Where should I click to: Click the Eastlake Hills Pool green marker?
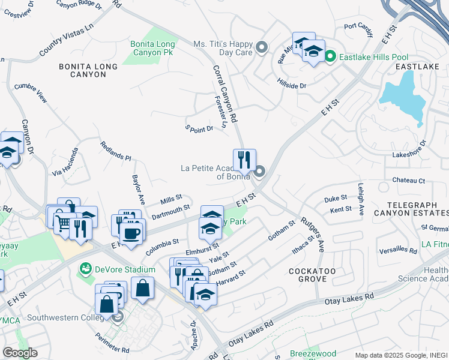330,57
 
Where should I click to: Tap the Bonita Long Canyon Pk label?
153,49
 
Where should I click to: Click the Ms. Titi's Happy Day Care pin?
261,47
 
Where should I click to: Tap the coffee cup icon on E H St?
131,233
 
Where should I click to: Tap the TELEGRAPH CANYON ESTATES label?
409,208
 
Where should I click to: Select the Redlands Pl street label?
116,152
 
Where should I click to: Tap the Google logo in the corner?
20,352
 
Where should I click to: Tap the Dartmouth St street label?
170,211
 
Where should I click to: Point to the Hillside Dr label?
292,86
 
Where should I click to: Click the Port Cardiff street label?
359,26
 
